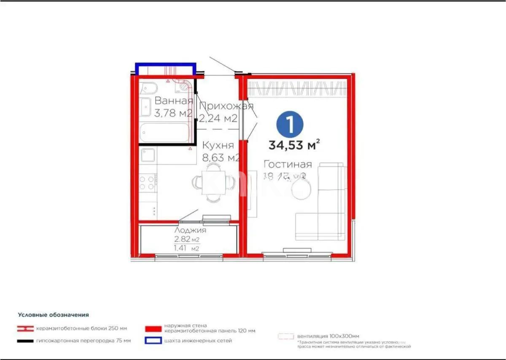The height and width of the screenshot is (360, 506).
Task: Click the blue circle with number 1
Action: click(x=290, y=124)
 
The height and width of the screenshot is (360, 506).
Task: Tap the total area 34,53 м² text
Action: click(x=293, y=145)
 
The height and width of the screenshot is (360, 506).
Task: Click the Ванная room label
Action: click(x=174, y=101)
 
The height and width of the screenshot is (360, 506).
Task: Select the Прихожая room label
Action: click(x=226, y=106)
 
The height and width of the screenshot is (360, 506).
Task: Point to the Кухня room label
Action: click(x=218, y=146)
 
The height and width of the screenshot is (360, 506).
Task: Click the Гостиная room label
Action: click(x=288, y=165)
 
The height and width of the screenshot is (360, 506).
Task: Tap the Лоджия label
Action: click(x=190, y=230)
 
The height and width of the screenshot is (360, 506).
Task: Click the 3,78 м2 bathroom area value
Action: click(x=174, y=113)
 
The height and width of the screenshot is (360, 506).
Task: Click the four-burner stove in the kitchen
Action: click(x=148, y=182)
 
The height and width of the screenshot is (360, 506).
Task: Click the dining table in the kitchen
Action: click(x=213, y=182)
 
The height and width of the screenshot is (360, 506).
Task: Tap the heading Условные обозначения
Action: click(x=53, y=315)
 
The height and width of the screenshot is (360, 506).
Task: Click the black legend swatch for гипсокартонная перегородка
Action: click(x=25, y=341)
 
